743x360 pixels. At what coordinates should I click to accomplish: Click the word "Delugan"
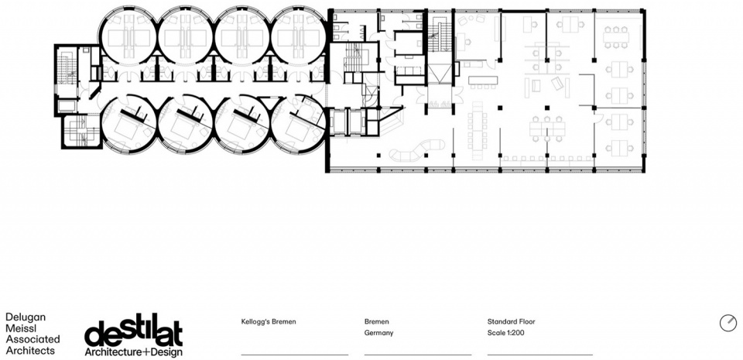click(25, 317)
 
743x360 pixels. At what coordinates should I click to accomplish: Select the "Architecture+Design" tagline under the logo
click(133, 352)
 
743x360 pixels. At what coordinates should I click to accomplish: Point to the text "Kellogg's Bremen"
click(269, 321)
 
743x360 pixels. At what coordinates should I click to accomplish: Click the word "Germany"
click(378, 333)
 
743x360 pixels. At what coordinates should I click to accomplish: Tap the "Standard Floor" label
click(512, 321)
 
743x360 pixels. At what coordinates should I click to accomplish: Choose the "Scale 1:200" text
click(505, 333)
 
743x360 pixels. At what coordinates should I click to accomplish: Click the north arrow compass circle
click(728, 323)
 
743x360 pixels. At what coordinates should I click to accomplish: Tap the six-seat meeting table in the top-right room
click(616, 37)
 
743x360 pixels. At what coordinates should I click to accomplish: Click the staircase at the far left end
click(64, 70)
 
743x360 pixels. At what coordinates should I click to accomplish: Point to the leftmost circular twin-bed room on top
click(127, 36)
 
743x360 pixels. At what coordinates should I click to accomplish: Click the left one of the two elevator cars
click(339, 122)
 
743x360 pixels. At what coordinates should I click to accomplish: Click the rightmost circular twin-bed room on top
click(299, 36)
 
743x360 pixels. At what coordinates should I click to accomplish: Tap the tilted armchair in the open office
click(557, 84)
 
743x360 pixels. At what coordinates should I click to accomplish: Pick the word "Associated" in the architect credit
click(33, 339)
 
